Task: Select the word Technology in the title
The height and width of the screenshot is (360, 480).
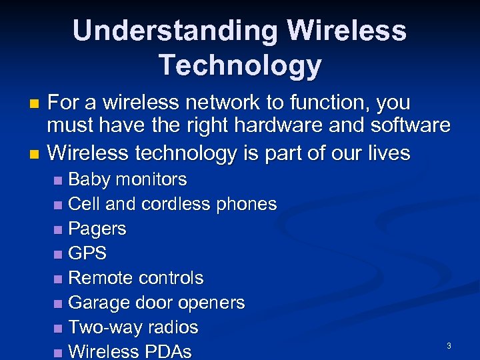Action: pos(240,65)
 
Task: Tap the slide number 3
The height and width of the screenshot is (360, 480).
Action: pos(449,346)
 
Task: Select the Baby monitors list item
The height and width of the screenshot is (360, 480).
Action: pos(127,179)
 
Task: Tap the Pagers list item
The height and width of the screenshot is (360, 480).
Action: pos(97,229)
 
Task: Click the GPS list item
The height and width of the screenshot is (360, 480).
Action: pos(87,253)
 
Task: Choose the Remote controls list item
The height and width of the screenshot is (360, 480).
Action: pos(136,278)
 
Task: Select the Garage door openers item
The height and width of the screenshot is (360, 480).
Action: pos(157,303)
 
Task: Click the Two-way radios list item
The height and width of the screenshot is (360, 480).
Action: pos(133,327)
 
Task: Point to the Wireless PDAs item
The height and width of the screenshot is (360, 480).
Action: pos(130,351)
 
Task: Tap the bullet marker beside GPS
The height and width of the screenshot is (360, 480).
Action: pos(61,254)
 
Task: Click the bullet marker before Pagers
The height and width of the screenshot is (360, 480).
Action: pos(61,229)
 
